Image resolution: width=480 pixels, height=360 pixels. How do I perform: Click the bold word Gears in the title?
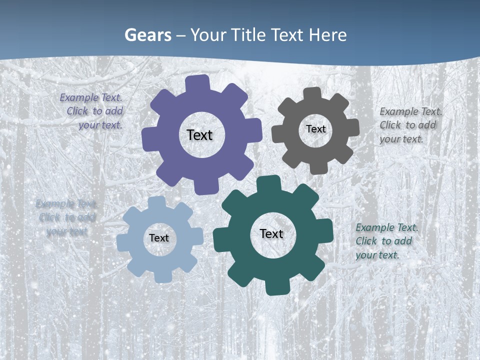point(147,35)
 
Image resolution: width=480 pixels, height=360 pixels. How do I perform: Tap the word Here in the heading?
point(327,35)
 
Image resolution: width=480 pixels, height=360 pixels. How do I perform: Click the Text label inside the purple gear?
point(199,135)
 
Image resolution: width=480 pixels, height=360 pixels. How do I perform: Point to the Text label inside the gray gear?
point(315,129)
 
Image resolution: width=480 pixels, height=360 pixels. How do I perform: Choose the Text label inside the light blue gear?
point(159,238)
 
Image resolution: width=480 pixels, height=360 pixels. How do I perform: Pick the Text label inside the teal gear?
point(271,233)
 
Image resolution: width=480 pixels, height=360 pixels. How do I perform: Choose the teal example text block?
point(385,241)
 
